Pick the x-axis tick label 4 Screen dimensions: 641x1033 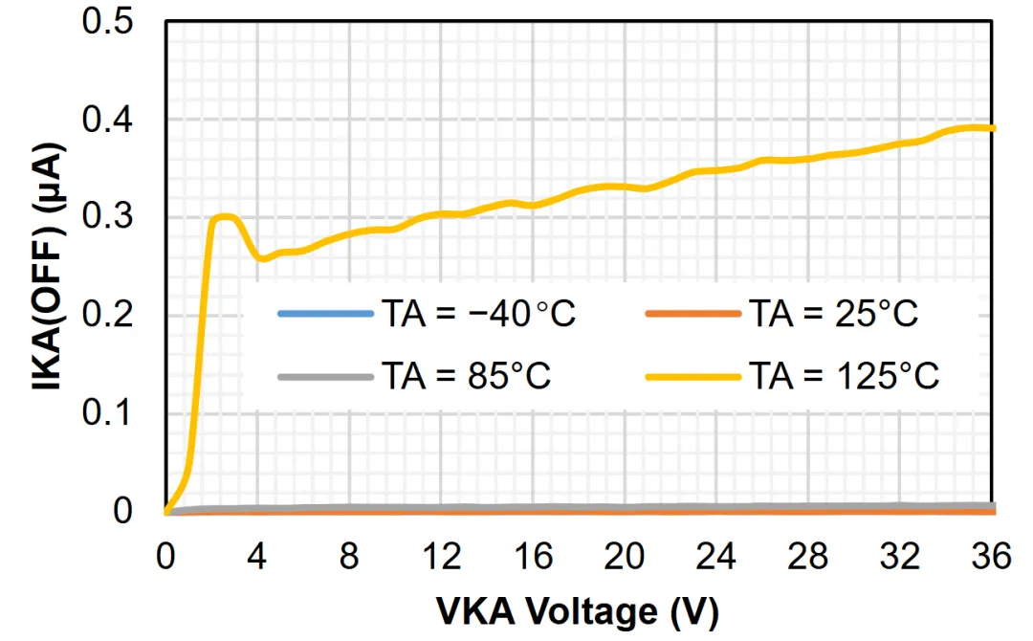257,555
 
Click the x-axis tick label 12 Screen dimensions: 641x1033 441,555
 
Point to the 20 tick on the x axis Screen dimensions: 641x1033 625,555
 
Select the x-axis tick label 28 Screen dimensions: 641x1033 808,555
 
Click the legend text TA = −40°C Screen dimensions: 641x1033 478,314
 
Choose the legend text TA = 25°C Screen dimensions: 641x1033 833,314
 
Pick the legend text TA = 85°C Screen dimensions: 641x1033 466,376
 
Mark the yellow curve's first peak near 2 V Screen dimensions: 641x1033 222,217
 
